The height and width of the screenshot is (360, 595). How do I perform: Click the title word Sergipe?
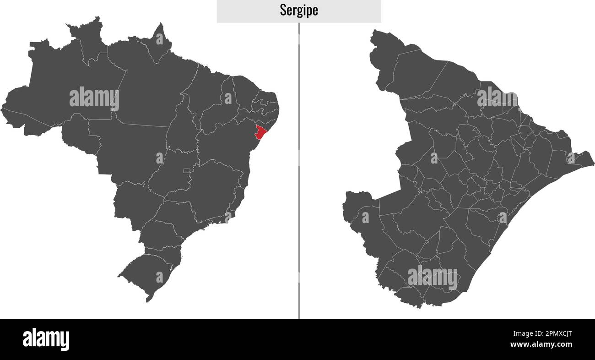tap(299, 11)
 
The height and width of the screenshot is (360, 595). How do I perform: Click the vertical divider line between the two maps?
tap(299, 183)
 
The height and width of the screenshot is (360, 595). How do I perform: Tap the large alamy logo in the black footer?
tap(46, 339)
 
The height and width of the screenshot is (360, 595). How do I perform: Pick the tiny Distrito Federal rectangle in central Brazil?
tap(186, 171)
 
